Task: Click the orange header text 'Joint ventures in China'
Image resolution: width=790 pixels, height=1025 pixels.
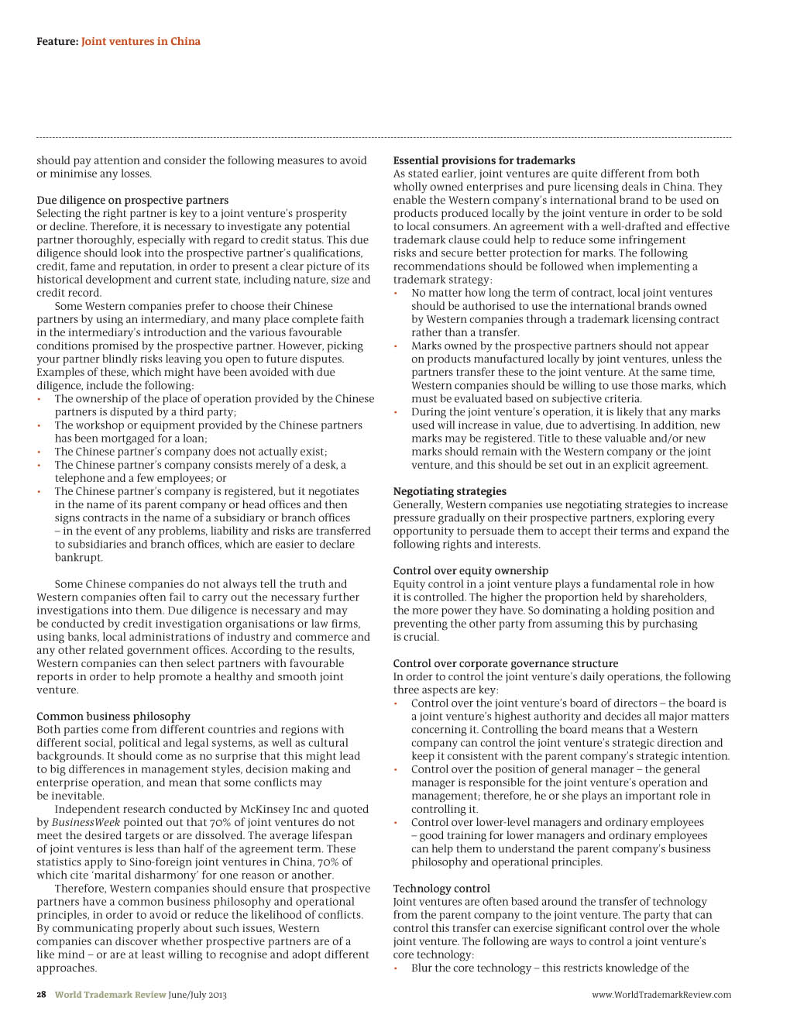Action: click(x=141, y=41)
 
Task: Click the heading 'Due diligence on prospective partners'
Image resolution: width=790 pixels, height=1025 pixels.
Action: click(x=132, y=200)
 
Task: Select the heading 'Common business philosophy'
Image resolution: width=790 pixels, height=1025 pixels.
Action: click(x=113, y=716)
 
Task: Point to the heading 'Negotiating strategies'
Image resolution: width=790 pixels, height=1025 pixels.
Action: click(x=449, y=491)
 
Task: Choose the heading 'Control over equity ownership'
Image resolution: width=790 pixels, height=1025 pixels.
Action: click(x=470, y=571)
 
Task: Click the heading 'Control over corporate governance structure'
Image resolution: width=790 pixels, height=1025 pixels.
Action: click(x=505, y=663)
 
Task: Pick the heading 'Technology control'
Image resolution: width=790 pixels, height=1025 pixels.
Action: click(x=441, y=889)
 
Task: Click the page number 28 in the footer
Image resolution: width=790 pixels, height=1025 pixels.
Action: click(x=42, y=995)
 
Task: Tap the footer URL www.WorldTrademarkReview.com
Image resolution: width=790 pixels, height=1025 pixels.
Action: click(x=661, y=995)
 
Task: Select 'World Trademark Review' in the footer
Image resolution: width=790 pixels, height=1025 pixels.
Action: click(x=110, y=995)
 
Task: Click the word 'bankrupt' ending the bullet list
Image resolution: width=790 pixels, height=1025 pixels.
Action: click(x=78, y=557)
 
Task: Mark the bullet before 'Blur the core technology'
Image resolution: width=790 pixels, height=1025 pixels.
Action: click(x=396, y=968)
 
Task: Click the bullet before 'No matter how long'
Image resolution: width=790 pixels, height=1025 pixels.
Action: click(x=396, y=294)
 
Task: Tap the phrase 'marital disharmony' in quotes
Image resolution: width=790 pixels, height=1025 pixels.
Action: click(x=143, y=875)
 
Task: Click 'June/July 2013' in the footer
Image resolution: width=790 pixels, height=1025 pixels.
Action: click(x=197, y=995)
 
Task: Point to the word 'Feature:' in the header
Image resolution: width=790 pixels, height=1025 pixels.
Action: click(x=57, y=41)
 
